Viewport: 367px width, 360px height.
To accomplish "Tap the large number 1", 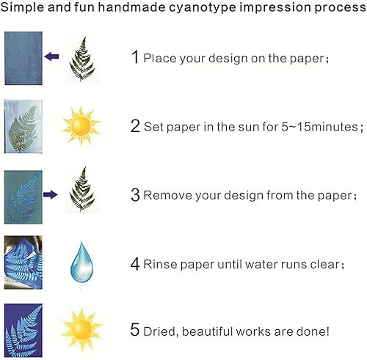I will tap(134, 56).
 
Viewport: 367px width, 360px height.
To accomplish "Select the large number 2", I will tap(135, 125).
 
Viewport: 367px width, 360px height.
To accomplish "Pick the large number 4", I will tap(135, 263).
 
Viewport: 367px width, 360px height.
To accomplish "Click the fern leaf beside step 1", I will tap(81, 56).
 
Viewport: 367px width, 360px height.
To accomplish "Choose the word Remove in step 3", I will tap(164, 196).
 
